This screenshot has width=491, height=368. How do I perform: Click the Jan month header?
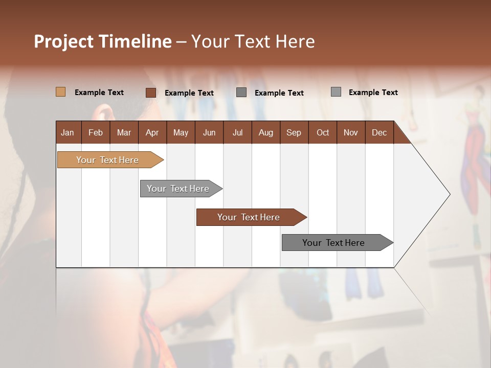coord(68,132)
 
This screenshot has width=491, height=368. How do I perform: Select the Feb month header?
coord(96,132)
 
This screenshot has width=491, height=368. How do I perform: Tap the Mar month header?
coord(124,132)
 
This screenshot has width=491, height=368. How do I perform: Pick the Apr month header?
coord(152,132)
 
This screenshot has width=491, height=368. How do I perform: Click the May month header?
coord(181,132)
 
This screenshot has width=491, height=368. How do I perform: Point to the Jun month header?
coord(209,132)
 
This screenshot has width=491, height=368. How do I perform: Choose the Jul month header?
coord(237,132)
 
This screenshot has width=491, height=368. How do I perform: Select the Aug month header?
coord(266,132)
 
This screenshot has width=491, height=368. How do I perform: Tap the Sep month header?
coord(294,132)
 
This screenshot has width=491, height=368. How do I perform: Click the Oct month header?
coord(323,132)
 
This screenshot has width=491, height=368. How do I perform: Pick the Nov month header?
coord(351,132)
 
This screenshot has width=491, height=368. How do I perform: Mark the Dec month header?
coord(380,132)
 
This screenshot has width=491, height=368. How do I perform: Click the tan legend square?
coord(61,92)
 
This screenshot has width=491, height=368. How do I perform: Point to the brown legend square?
coord(151,93)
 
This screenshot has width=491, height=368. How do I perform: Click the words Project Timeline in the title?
coord(103,41)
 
